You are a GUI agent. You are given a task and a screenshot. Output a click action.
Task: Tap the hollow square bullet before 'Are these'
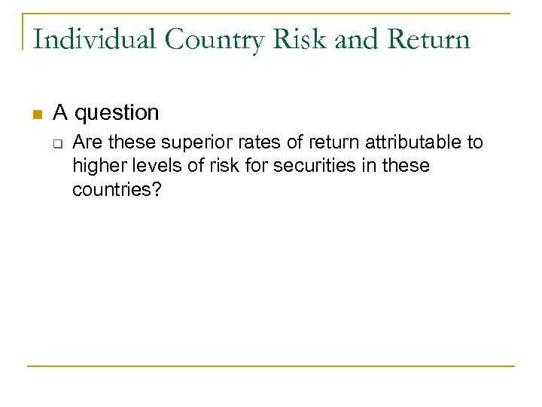tap(56, 142)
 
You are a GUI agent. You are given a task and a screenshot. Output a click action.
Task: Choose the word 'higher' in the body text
tap(97, 166)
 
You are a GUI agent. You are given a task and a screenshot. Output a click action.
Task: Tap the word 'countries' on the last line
tap(111, 189)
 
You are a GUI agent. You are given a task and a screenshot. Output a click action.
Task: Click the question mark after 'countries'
tap(156, 189)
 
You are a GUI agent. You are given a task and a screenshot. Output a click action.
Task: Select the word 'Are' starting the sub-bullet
tap(86, 142)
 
